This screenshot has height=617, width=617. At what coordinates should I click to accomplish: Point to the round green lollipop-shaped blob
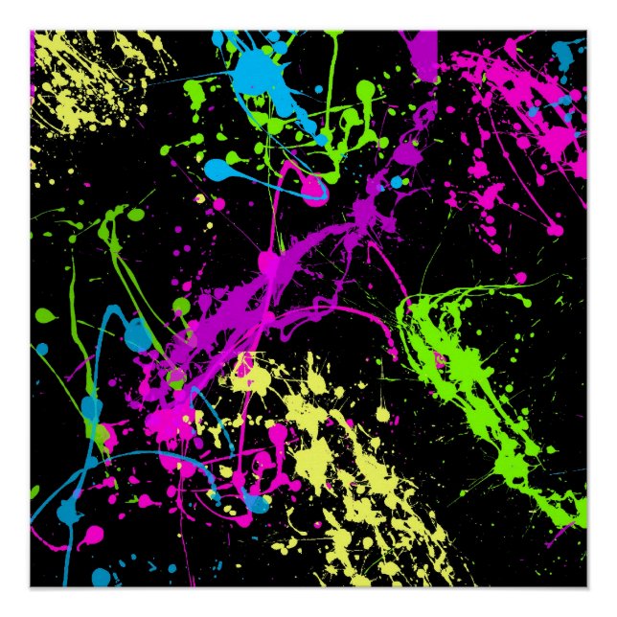[x=365, y=91]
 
